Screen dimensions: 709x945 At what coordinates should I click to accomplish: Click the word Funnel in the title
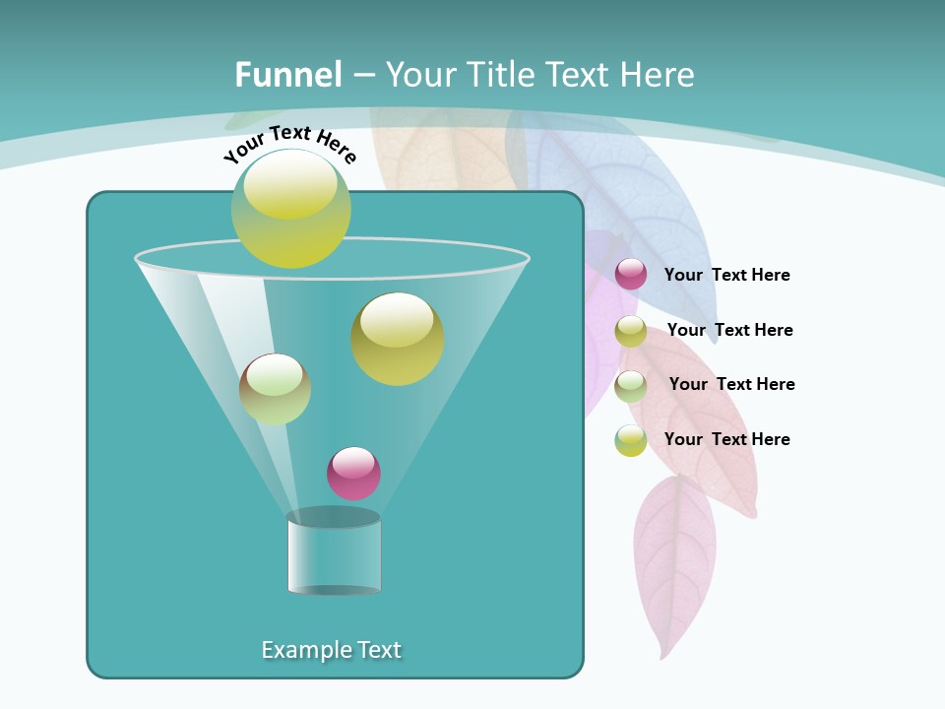click(287, 75)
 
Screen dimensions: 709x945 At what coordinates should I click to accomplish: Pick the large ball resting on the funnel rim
click(291, 209)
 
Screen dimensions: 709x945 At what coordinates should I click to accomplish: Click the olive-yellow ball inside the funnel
click(398, 339)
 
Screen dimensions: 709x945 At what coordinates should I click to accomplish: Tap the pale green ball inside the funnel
click(275, 389)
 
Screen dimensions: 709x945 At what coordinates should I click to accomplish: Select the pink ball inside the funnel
click(353, 473)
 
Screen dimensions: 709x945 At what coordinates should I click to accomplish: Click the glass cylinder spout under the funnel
click(334, 553)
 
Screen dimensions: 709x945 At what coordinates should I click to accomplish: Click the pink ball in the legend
click(631, 275)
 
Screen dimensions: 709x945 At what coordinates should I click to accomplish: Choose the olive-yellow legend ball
click(631, 331)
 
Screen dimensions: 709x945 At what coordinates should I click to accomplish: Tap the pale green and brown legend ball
click(631, 386)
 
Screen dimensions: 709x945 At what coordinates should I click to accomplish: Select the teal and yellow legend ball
click(631, 440)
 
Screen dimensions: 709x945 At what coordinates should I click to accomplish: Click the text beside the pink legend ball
click(726, 275)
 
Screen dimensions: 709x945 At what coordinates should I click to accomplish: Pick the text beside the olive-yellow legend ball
click(729, 330)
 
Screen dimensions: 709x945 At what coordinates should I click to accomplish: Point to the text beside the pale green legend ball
click(731, 384)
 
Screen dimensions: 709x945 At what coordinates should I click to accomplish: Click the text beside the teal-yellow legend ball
click(726, 439)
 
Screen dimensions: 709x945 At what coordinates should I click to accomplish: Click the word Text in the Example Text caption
click(376, 650)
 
